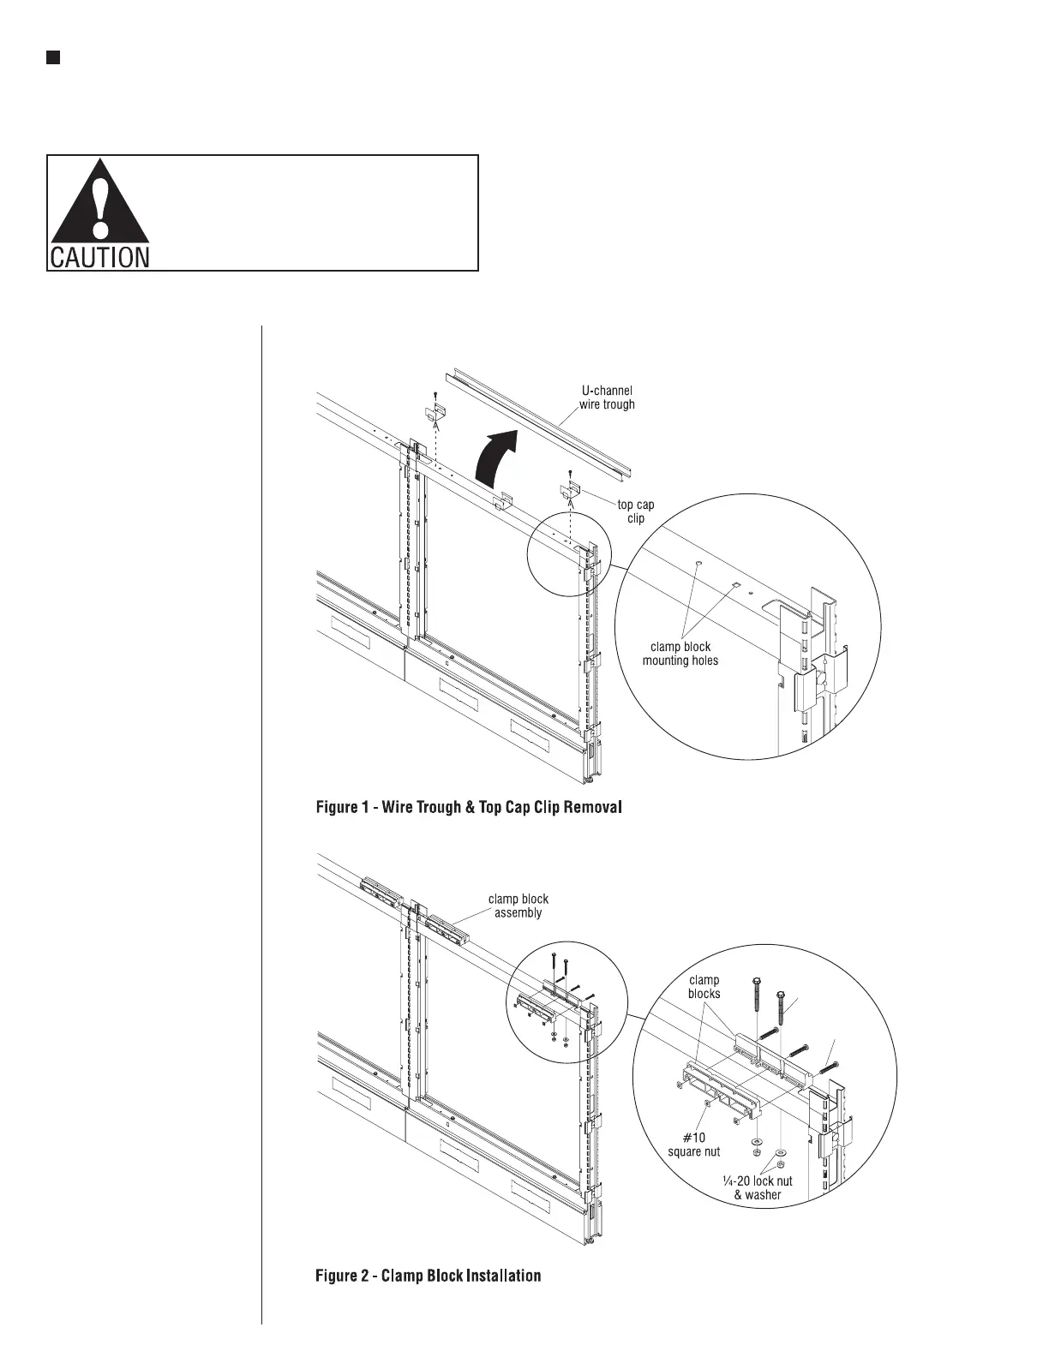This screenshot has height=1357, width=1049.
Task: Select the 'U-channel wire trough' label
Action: [x=607, y=398]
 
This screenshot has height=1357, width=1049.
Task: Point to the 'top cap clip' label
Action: [x=635, y=511]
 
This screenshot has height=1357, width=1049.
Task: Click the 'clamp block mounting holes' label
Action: [x=680, y=654]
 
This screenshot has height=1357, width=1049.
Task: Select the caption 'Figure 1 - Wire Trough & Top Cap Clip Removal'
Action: [x=469, y=807]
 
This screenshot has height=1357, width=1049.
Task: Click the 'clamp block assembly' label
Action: [x=518, y=906]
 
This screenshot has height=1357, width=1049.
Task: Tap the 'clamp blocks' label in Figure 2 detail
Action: [x=704, y=987]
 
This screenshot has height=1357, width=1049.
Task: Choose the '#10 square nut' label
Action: [x=694, y=1145]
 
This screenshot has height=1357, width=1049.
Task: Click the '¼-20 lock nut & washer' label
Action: [x=758, y=1187]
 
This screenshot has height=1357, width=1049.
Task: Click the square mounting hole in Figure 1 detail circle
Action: [x=734, y=584]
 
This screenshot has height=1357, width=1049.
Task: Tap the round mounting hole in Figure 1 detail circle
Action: [x=700, y=564]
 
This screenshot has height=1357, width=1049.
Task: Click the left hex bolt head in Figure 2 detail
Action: [x=757, y=981]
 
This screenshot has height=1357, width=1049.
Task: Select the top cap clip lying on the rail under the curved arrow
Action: [x=505, y=499]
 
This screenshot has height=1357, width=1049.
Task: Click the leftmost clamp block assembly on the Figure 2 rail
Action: [x=381, y=892]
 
